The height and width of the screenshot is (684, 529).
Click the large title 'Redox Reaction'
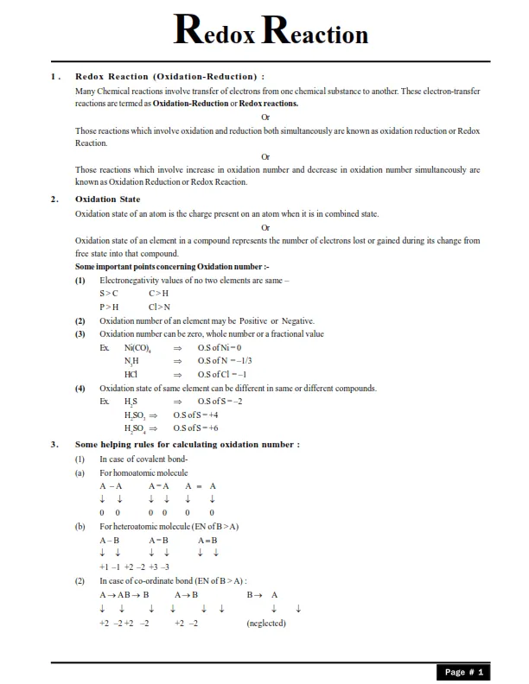coord(271,31)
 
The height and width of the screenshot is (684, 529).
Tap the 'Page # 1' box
coord(464,671)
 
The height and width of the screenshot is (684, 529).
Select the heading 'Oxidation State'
coord(107,199)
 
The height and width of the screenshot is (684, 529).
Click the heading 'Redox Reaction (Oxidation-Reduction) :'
coord(170,77)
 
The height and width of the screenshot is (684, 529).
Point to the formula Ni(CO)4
coord(138,347)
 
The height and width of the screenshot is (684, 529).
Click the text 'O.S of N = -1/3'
coord(225,360)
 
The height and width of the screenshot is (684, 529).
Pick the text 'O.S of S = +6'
coord(195,427)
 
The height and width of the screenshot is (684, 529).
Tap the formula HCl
coord(131,374)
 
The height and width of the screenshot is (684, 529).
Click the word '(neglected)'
coord(266,623)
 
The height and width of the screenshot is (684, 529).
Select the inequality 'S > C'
coord(109,294)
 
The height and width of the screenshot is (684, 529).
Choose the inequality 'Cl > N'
coord(160,307)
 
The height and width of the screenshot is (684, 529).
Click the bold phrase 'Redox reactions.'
coord(269,104)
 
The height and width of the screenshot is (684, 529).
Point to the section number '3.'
coord(54,445)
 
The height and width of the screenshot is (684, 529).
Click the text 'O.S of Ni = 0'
coord(220,347)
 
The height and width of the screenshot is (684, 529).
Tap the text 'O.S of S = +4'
coord(195,415)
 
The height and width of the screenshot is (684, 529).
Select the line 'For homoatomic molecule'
coord(143,472)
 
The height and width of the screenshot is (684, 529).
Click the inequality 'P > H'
coord(109,307)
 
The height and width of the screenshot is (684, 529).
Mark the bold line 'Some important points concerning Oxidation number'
coord(160,267)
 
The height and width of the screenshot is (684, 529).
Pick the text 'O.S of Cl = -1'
coord(222,374)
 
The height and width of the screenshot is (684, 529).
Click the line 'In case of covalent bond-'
coord(143,459)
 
